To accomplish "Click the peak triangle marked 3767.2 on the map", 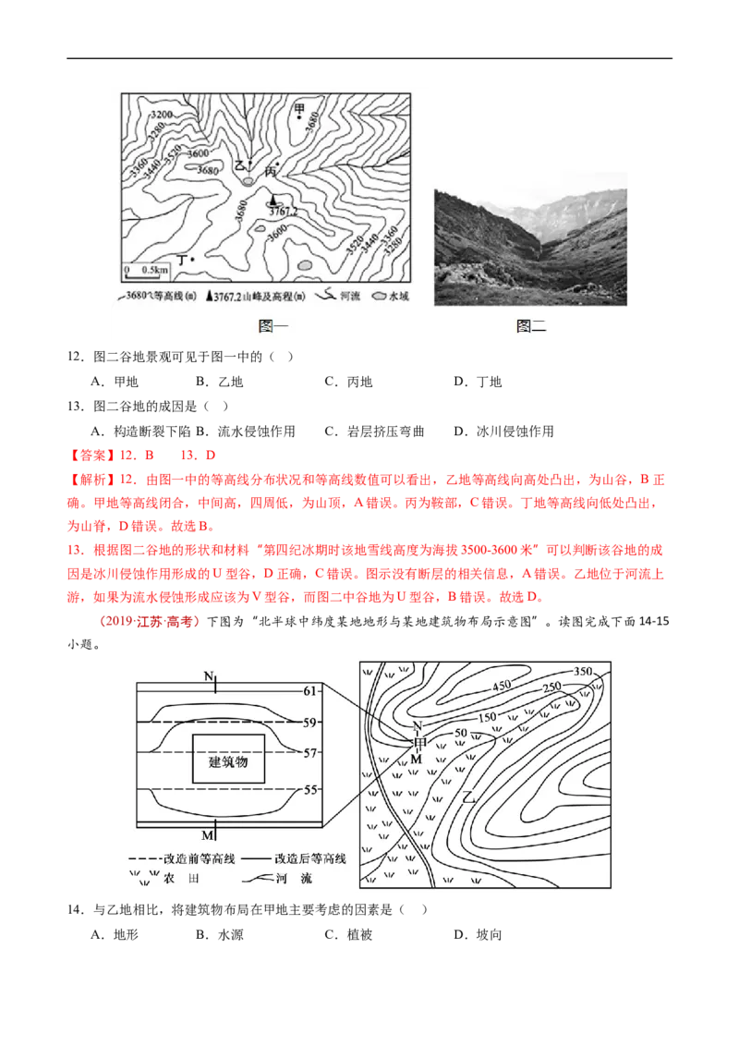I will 273,200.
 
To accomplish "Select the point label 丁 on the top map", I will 182,261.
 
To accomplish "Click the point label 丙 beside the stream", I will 271,172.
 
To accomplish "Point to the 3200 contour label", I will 161,114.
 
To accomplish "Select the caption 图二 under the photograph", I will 531,326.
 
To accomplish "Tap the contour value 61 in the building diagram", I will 310,690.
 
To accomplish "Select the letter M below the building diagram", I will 208,835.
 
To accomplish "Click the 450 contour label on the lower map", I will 501,686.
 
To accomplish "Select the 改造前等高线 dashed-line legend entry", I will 185,857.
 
